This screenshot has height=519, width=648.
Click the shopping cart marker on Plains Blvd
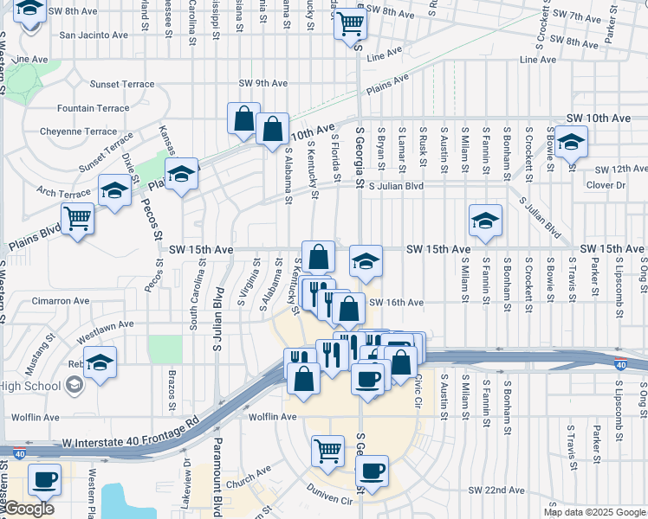point(77,218)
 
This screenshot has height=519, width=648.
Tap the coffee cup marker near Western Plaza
point(44,478)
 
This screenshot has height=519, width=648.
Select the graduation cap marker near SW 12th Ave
point(570,141)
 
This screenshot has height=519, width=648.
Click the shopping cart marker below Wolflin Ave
point(327,450)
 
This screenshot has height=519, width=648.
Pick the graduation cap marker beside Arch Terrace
point(113,190)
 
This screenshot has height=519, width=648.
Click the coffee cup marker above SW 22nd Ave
point(372,471)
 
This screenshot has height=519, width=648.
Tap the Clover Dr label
point(606,185)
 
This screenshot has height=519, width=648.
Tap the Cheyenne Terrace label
point(79,132)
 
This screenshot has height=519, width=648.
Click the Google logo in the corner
point(28,509)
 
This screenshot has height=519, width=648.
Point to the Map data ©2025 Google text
point(594,512)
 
